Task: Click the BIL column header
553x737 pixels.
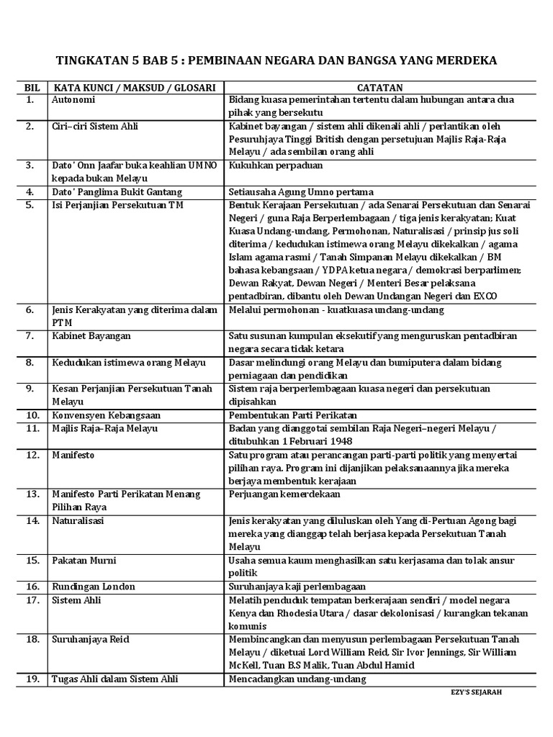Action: click(32, 87)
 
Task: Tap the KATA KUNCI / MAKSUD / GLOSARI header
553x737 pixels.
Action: click(135, 87)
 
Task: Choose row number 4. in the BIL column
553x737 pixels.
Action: click(30, 192)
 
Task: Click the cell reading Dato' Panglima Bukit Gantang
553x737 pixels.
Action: click(117, 192)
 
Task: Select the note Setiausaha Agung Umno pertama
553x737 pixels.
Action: click(301, 192)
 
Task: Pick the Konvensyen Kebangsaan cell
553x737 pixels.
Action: click(106, 415)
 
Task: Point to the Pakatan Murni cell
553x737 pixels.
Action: click(84, 560)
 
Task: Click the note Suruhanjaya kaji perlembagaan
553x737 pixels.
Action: click(297, 587)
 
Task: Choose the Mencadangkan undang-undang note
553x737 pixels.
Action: click(297, 679)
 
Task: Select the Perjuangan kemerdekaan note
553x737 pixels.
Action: click(284, 494)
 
